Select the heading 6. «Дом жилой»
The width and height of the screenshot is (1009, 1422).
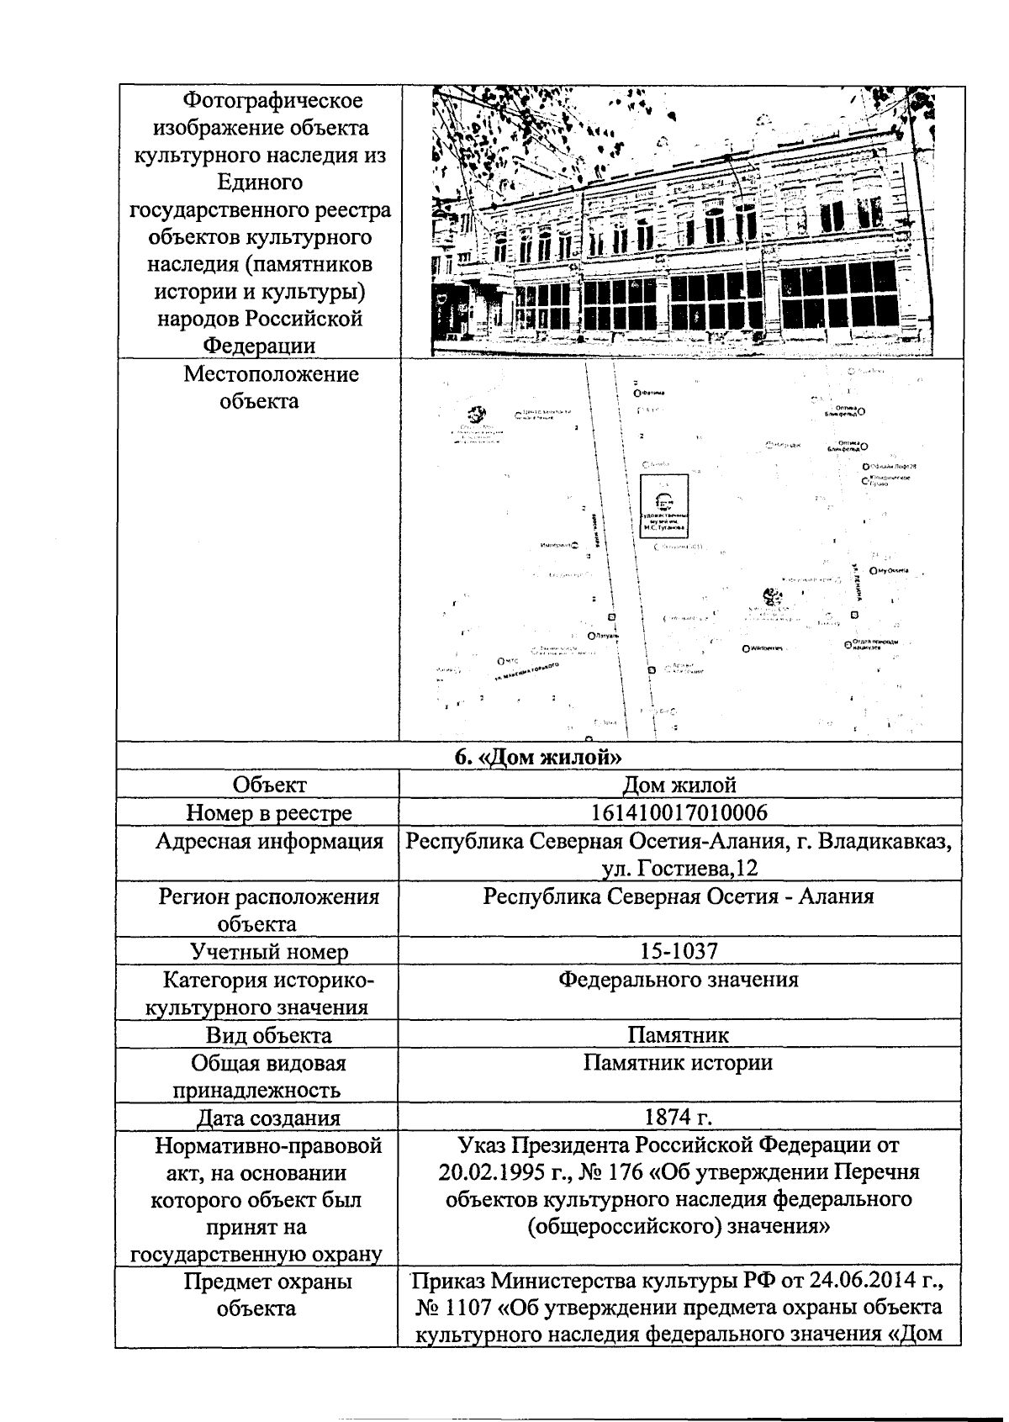click(538, 757)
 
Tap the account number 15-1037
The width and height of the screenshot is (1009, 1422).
click(679, 951)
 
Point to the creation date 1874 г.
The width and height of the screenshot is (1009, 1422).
click(678, 1118)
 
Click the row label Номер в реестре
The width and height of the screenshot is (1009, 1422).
click(268, 813)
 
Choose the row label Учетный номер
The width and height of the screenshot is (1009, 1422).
click(268, 952)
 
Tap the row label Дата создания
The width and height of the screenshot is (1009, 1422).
click(268, 1118)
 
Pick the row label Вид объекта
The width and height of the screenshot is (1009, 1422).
click(268, 1035)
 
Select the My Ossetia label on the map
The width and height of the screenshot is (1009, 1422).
click(891, 571)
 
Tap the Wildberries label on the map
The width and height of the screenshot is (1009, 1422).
click(763, 648)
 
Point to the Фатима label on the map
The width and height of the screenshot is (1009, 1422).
click(651, 393)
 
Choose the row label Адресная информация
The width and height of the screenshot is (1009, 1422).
click(268, 841)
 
